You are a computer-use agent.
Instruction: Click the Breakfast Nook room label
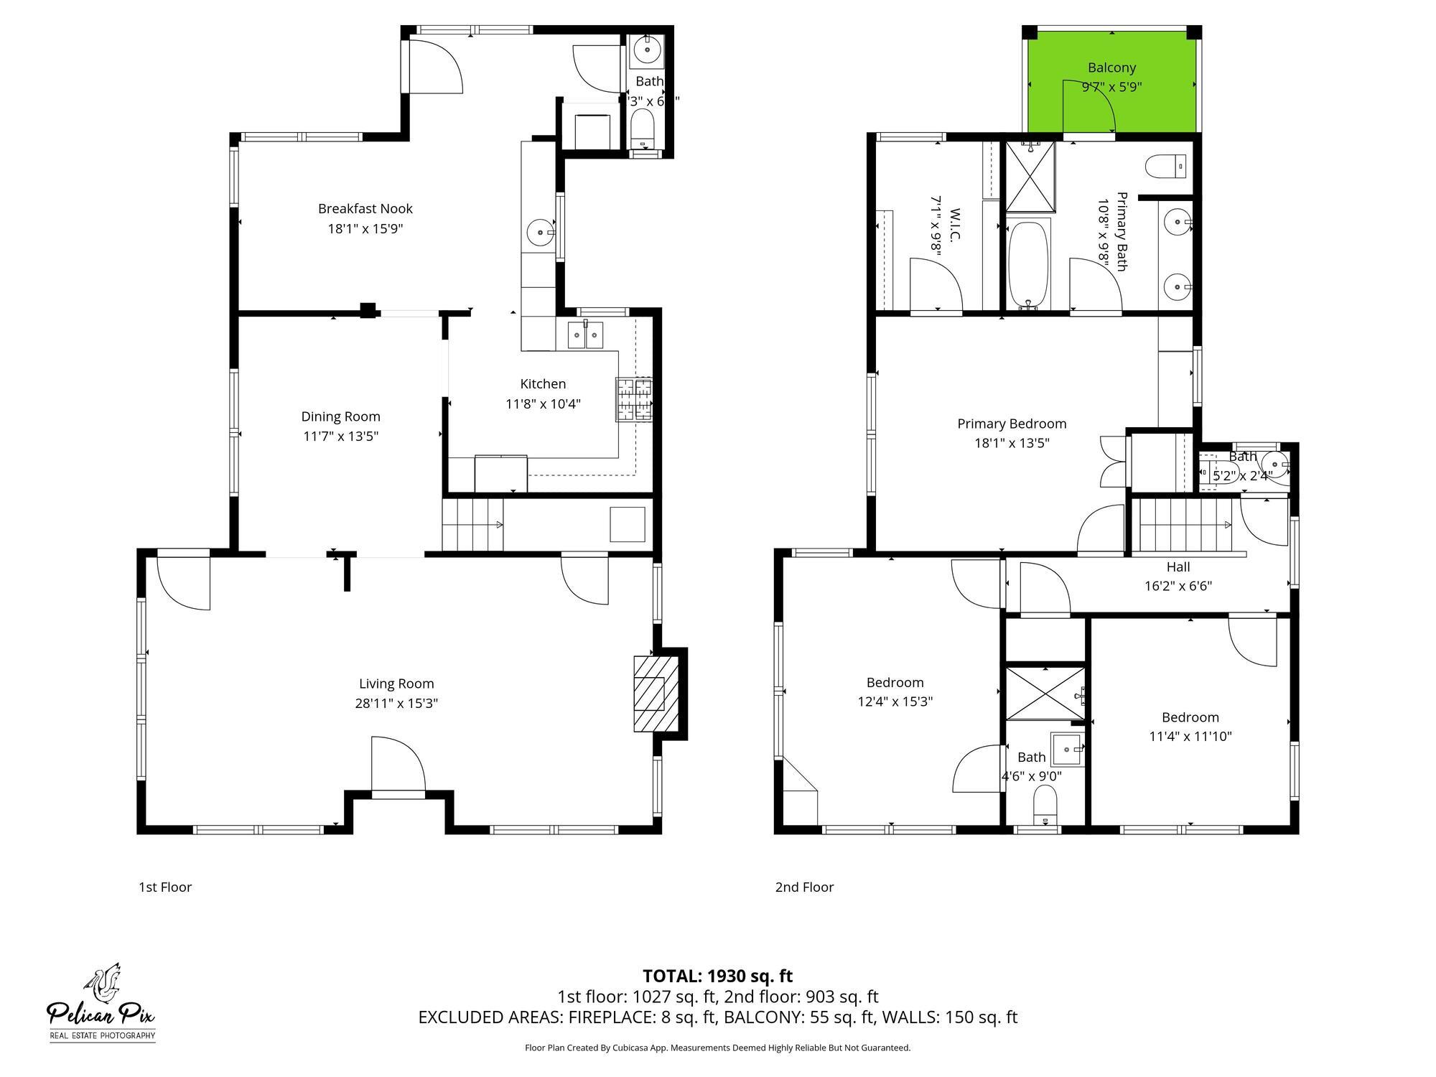pyautogui.click(x=365, y=209)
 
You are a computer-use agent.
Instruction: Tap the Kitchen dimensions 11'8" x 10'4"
pyautogui.click(x=543, y=404)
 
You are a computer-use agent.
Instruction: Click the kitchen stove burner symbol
pyautogui.click(x=635, y=399)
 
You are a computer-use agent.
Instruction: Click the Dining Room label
pyautogui.click(x=340, y=416)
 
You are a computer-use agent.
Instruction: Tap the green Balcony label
pyautogui.click(x=1111, y=68)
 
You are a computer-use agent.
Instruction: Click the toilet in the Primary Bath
pyautogui.click(x=1165, y=167)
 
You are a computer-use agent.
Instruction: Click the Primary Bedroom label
pyautogui.click(x=1012, y=424)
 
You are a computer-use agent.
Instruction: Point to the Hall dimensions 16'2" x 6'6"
pyautogui.click(x=1178, y=586)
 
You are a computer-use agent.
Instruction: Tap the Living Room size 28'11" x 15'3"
pyautogui.click(x=396, y=703)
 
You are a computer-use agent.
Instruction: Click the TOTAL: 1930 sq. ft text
pyautogui.click(x=717, y=976)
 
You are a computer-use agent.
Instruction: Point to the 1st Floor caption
pyautogui.click(x=165, y=887)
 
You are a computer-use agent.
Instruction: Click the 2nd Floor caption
pyautogui.click(x=804, y=887)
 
